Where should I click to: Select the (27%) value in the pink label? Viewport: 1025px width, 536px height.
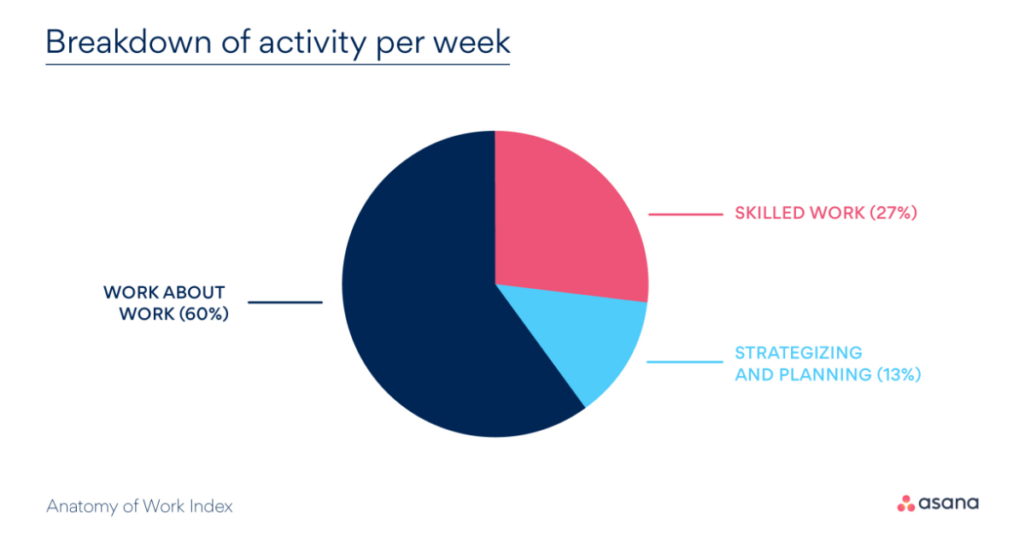pos(893,213)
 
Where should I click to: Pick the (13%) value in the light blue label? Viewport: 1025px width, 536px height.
pos(899,374)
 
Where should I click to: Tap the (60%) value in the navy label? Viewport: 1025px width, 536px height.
pos(204,314)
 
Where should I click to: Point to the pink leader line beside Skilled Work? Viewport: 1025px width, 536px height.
pos(685,214)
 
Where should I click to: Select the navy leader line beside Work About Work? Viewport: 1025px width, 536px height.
pos(285,302)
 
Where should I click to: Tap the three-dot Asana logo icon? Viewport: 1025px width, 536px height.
pos(905,504)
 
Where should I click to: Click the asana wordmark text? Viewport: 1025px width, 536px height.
pos(949,504)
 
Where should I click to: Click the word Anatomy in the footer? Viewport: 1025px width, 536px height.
pos(78,506)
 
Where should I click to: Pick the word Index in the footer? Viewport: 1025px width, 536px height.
pos(214,506)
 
